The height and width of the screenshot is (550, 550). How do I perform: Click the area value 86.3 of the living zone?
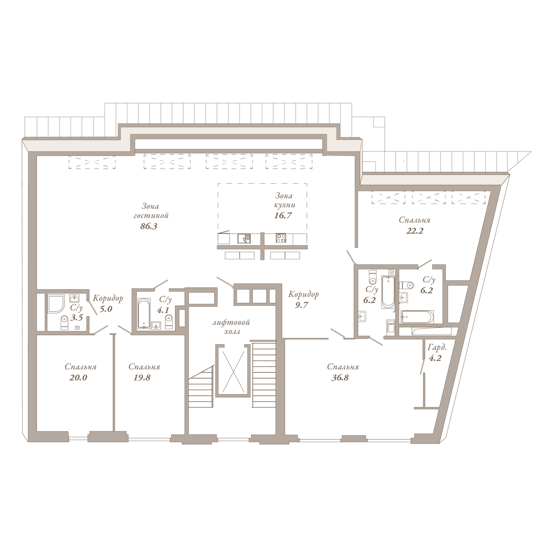click(149, 227)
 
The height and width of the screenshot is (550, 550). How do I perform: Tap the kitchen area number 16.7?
click(283, 216)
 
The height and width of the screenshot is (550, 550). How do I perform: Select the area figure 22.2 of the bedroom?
click(415, 231)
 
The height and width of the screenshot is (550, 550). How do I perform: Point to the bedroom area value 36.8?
click(340, 378)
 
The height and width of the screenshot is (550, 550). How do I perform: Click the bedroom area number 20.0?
click(78, 378)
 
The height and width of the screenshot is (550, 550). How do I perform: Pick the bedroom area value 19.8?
click(142, 378)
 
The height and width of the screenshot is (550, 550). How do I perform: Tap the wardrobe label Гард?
click(437, 348)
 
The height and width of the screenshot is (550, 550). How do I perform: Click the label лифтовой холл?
click(231, 327)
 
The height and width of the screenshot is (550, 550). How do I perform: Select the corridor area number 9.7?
click(302, 305)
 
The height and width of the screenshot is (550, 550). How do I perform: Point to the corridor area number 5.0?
click(106, 309)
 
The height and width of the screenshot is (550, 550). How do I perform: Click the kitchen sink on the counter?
click(244, 238)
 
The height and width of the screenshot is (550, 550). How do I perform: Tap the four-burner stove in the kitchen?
click(281, 238)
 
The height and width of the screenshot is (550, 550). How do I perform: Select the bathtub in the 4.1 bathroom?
click(144, 313)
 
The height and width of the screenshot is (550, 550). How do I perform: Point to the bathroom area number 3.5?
click(76, 318)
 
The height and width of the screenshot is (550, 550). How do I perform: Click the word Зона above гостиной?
click(150, 206)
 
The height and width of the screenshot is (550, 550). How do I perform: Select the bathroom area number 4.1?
click(163, 310)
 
